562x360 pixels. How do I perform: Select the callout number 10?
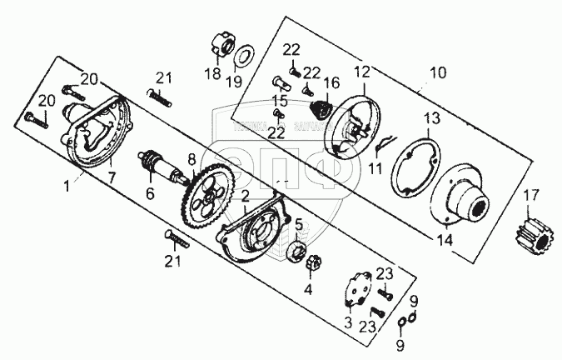[x=435, y=73]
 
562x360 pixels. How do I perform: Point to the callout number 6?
[x=151, y=192]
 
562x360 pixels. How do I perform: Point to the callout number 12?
[x=361, y=72]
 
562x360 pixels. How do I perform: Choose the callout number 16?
[x=332, y=83]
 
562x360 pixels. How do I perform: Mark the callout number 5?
[x=297, y=222]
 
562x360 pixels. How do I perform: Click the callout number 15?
[x=278, y=100]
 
